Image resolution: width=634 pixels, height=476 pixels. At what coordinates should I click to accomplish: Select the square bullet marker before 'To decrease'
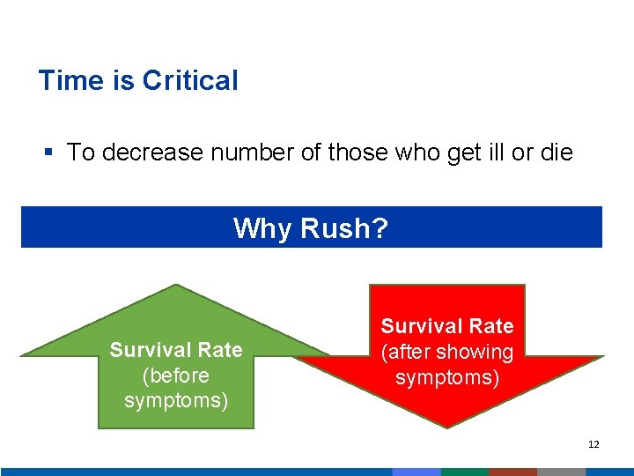(x=50, y=152)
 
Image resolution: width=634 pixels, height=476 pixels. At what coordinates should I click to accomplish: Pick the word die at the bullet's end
(x=556, y=152)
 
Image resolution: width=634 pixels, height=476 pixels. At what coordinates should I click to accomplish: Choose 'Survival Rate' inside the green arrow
(x=176, y=350)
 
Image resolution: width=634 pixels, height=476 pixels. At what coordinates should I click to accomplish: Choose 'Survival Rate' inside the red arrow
(x=447, y=326)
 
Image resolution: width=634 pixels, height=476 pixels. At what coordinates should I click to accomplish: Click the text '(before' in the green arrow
(x=176, y=376)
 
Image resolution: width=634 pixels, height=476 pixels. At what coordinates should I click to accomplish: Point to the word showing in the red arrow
(x=479, y=353)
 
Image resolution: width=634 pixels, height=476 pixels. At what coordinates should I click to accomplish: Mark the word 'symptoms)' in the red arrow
(x=447, y=378)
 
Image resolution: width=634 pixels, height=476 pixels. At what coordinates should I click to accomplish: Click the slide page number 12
(x=593, y=444)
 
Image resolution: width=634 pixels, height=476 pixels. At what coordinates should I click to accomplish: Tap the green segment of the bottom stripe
(x=465, y=472)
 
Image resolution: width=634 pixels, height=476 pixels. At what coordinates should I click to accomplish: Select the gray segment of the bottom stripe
(x=562, y=472)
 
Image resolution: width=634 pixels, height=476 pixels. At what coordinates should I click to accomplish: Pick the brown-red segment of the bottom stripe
(x=513, y=472)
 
